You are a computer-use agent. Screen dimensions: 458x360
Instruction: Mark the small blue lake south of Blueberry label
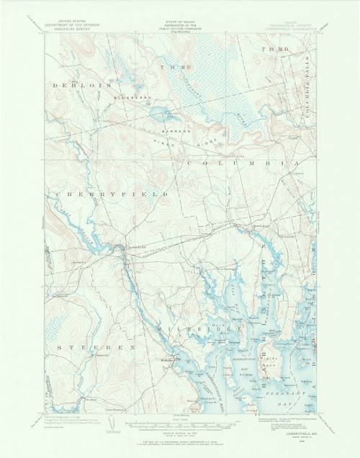coord(156,112)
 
